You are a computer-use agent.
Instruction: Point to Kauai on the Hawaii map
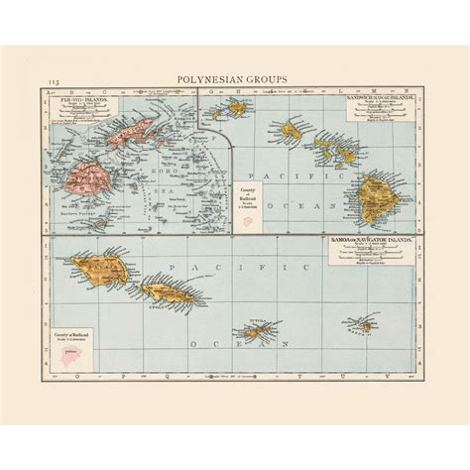[x=237, y=106]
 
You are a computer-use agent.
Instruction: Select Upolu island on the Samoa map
[x=166, y=292]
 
